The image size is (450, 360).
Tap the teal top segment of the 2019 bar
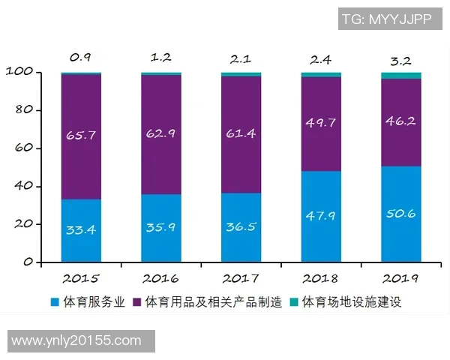click(x=400, y=76)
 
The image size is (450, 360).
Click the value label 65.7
click(x=81, y=135)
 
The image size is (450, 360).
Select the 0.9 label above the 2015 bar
click(x=81, y=56)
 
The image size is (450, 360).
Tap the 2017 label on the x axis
click(x=241, y=278)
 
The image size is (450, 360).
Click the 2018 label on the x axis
click(x=321, y=278)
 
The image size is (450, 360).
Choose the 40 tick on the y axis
click(x=24, y=186)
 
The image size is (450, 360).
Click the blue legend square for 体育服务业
click(x=54, y=302)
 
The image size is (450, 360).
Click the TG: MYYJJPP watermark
click(x=386, y=19)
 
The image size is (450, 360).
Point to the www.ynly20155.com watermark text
click(x=76, y=340)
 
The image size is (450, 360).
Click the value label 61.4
click(x=241, y=135)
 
